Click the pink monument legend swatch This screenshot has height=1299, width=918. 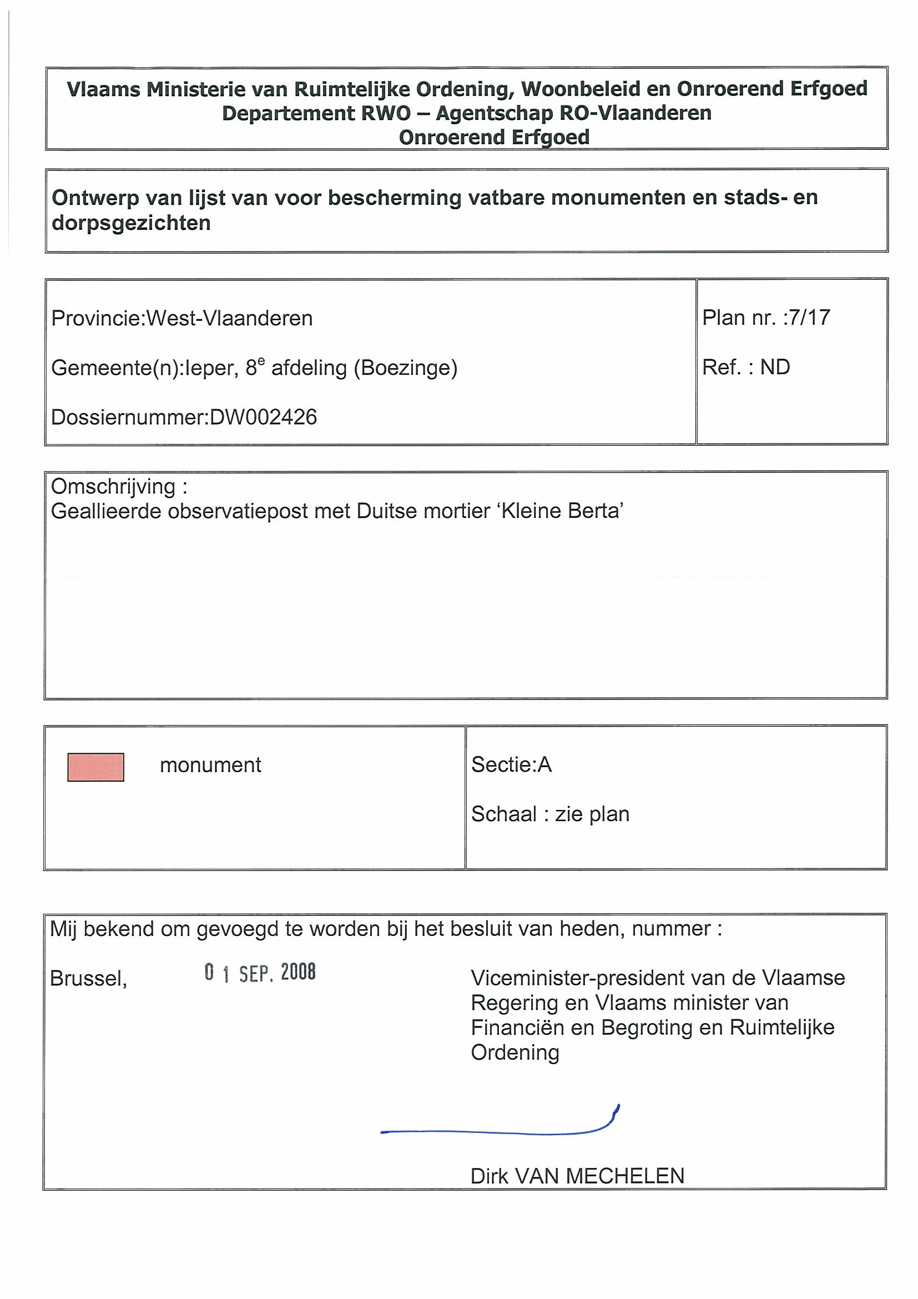(x=95, y=767)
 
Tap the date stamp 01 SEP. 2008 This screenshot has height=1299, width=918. (x=260, y=973)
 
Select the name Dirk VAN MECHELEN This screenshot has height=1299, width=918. (x=577, y=1176)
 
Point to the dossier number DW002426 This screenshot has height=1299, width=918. (x=263, y=417)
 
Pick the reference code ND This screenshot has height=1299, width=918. (x=774, y=367)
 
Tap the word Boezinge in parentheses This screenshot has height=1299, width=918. (x=405, y=368)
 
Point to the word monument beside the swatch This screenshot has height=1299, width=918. (x=210, y=766)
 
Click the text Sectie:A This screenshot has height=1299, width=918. (x=511, y=765)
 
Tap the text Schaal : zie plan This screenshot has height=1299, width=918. (x=550, y=814)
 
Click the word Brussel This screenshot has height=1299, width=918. (x=88, y=979)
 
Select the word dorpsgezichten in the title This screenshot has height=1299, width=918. (x=130, y=223)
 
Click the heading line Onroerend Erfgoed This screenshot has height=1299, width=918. (x=494, y=138)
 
